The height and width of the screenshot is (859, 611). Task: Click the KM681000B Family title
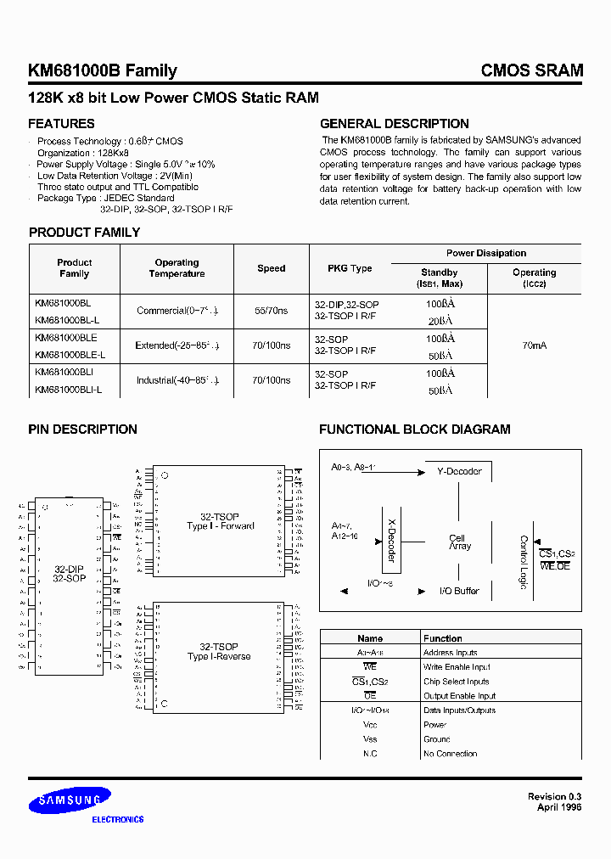[103, 71]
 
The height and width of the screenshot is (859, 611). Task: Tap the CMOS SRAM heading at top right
[532, 71]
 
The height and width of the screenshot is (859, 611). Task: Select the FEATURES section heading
[62, 124]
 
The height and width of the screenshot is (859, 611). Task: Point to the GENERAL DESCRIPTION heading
[394, 124]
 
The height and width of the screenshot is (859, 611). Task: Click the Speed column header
[272, 268]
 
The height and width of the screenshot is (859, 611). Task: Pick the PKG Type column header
[350, 268]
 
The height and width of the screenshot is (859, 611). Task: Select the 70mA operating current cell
[535, 345]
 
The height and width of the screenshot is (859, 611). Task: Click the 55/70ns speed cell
[272, 311]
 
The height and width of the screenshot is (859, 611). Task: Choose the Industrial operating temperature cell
[177, 380]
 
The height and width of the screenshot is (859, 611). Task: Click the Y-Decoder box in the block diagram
[459, 471]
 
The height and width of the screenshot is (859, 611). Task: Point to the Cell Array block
[459, 542]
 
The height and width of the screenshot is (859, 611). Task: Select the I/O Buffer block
[459, 591]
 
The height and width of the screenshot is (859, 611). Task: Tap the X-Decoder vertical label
[391, 540]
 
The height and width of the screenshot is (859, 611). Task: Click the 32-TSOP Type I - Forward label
[220, 521]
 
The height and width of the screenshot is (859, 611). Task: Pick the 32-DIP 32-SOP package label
[69, 573]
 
